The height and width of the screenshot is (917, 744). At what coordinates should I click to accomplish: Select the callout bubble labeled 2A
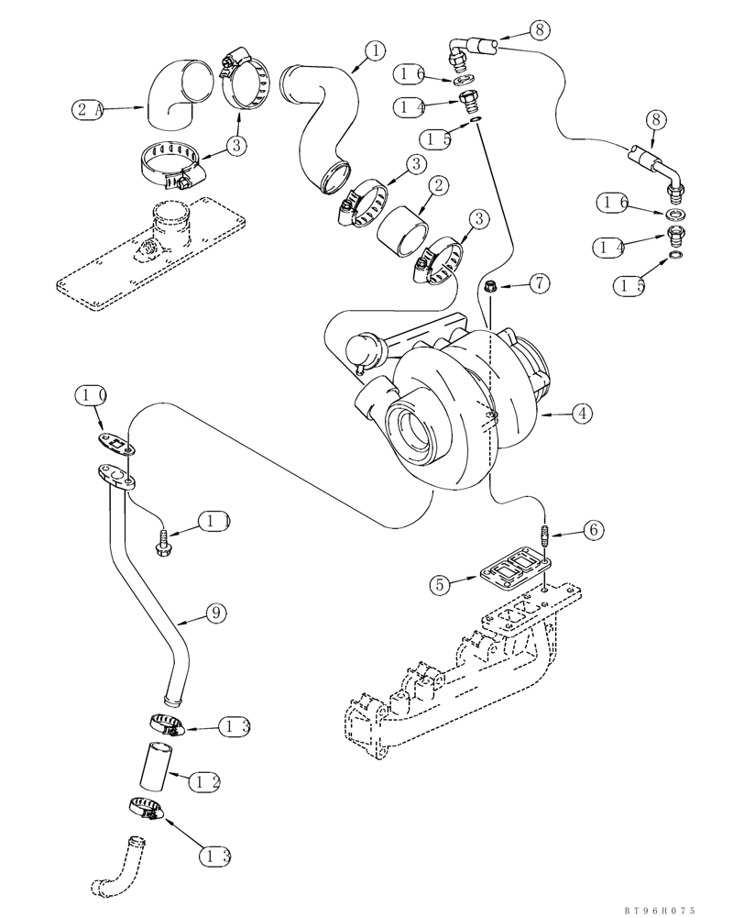pos(85,110)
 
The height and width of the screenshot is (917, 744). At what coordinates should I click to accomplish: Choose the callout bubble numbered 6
pos(593,530)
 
